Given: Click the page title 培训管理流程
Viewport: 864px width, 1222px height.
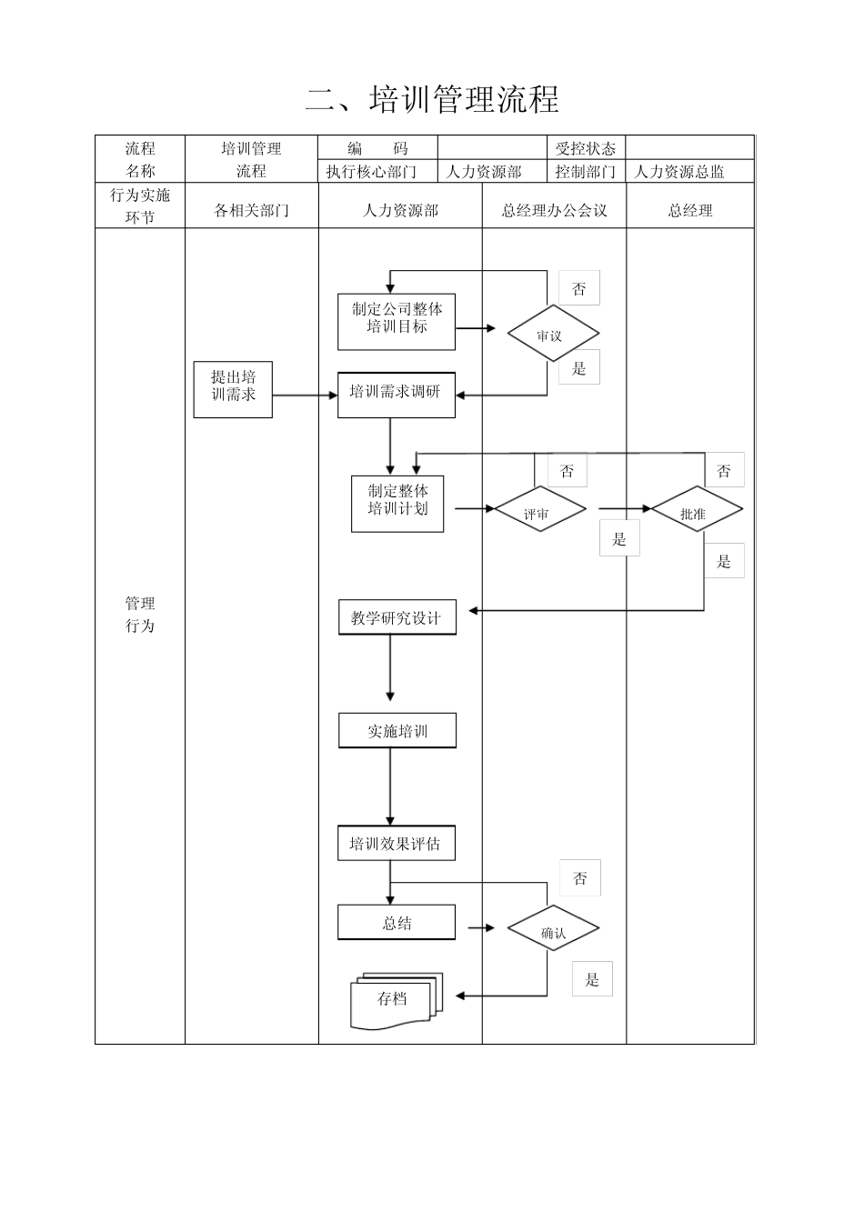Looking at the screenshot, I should pyautogui.click(x=432, y=99).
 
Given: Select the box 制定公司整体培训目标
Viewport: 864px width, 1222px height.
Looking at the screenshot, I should pyautogui.click(x=397, y=321).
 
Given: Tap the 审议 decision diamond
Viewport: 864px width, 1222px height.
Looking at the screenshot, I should pyautogui.click(x=552, y=335).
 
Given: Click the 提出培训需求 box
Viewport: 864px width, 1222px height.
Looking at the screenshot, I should pyautogui.click(x=233, y=388).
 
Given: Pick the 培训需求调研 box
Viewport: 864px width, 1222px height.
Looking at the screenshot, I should pyautogui.click(x=396, y=394).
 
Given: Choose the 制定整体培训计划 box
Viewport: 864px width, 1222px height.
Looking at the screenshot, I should pyautogui.click(x=397, y=503).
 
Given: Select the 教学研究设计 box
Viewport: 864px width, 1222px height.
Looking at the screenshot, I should pyautogui.click(x=397, y=618).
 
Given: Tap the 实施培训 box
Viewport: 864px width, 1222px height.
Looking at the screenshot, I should pyautogui.click(x=397, y=731).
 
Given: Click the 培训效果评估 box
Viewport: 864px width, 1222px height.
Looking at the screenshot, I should pyautogui.click(x=396, y=844).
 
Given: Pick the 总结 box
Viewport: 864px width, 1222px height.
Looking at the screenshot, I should pyautogui.click(x=397, y=923).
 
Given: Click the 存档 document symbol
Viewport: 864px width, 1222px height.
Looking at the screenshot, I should pyautogui.click(x=395, y=1001).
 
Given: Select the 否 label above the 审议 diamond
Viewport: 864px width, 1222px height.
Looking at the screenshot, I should pyautogui.click(x=579, y=289).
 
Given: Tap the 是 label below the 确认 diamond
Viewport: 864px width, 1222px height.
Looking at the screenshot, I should pyautogui.click(x=592, y=979).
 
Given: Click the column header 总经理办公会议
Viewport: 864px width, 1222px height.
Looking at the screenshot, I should pyautogui.click(x=554, y=210).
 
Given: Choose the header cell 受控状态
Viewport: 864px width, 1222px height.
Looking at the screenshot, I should pyautogui.click(x=585, y=148).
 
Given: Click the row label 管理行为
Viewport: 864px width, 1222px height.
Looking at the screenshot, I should pyautogui.click(x=140, y=615).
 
